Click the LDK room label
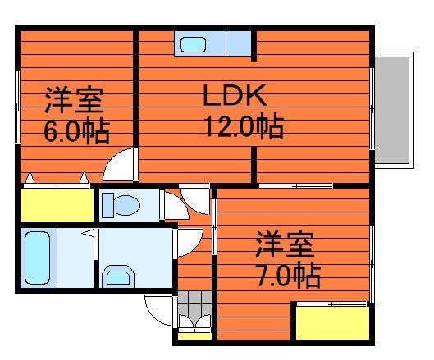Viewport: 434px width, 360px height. point(235,95)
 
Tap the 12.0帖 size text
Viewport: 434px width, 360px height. point(244,127)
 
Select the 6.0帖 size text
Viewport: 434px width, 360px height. point(77,130)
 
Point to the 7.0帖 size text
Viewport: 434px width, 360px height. point(289,275)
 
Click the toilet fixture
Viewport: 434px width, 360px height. point(121,205)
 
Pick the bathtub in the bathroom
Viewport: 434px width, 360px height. point(38,257)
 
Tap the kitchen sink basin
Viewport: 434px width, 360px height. point(193,45)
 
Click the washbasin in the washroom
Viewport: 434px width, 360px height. point(118,276)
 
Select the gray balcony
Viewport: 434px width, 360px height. point(392,110)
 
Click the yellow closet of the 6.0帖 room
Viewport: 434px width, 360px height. point(57,205)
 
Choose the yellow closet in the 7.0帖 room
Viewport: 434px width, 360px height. point(332,323)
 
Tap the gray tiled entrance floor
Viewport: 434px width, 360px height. point(194,303)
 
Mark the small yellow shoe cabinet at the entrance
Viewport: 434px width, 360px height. point(194,336)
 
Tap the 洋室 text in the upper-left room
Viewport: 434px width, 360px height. point(74,100)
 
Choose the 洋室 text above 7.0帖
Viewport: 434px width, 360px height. point(286,244)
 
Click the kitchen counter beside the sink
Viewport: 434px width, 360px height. point(239,43)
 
